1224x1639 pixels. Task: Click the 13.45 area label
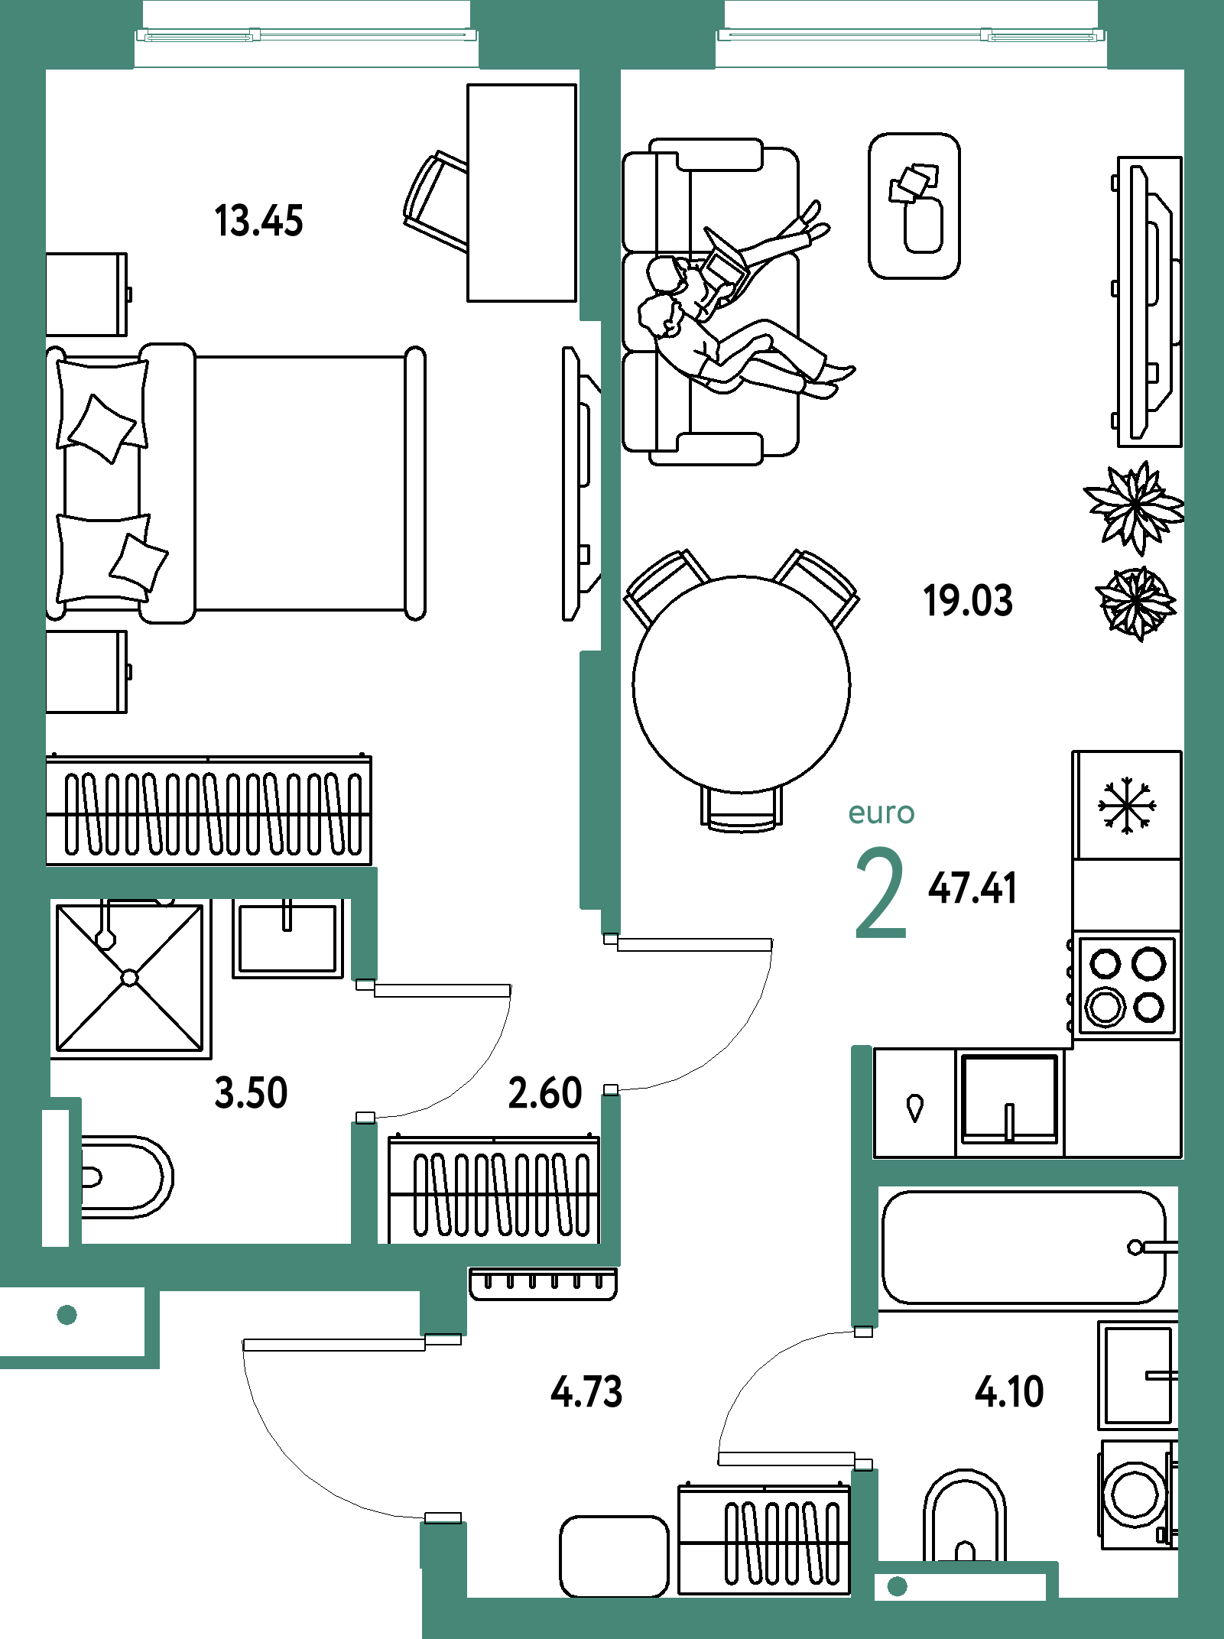(259, 221)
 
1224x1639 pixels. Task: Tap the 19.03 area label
(968, 600)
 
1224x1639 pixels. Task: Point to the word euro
(881, 813)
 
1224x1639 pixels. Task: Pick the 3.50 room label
(252, 1092)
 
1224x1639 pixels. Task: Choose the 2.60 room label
(545, 1092)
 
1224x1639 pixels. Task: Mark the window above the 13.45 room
(307, 35)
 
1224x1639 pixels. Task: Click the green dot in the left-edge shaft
(67, 1315)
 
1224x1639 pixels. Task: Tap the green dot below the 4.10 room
(897, 1586)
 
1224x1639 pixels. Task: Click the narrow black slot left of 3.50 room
(55, 1177)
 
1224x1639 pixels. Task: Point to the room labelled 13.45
(306, 535)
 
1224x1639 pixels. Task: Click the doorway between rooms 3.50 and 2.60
(365, 1051)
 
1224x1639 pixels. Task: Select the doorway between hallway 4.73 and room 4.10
(865, 1398)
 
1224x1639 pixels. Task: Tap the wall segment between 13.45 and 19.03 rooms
(600, 489)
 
